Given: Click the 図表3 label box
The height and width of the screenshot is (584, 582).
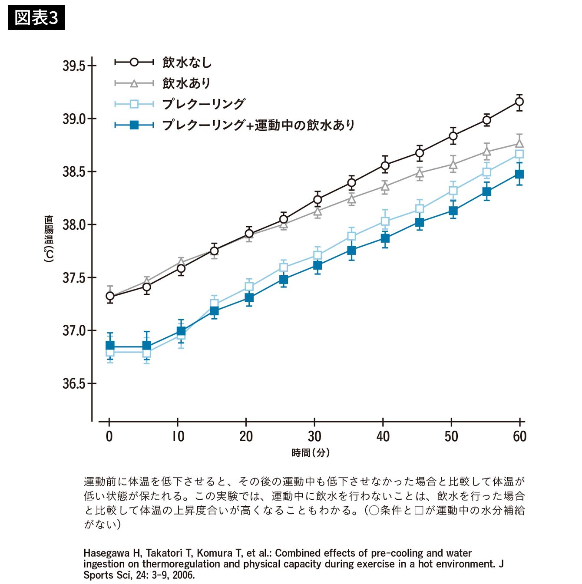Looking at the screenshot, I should (36, 18).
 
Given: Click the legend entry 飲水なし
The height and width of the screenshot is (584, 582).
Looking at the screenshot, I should (187, 63).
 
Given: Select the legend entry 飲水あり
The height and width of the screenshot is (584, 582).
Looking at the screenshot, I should (186, 83).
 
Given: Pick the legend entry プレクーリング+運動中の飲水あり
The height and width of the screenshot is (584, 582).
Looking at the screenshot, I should (258, 125).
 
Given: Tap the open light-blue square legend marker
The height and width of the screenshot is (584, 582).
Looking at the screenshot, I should (134, 104).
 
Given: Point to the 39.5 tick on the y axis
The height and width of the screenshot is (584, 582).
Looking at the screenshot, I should (74, 66).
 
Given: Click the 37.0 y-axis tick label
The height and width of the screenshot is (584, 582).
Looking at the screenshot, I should (74, 331).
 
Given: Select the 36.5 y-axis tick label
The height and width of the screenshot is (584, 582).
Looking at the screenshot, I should (74, 384).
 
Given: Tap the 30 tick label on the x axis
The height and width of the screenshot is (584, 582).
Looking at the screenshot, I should (314, 436).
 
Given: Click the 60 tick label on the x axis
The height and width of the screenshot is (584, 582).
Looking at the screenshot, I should (519, 436).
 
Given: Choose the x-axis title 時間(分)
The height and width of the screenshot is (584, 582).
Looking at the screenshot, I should (311, 453).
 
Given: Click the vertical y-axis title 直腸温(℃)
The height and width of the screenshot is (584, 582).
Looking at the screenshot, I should (49, 238).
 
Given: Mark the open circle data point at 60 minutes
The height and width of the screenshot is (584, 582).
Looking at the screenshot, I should (519, 102).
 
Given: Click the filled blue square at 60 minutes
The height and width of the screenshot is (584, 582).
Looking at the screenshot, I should (519, 174).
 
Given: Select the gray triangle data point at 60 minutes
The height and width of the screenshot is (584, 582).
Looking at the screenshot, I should (519, 143).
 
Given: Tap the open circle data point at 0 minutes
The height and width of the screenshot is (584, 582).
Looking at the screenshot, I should (110, 296).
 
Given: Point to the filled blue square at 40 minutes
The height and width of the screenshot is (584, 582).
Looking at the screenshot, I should (385, 238).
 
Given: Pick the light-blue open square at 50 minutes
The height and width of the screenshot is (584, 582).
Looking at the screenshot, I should (453, 191).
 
